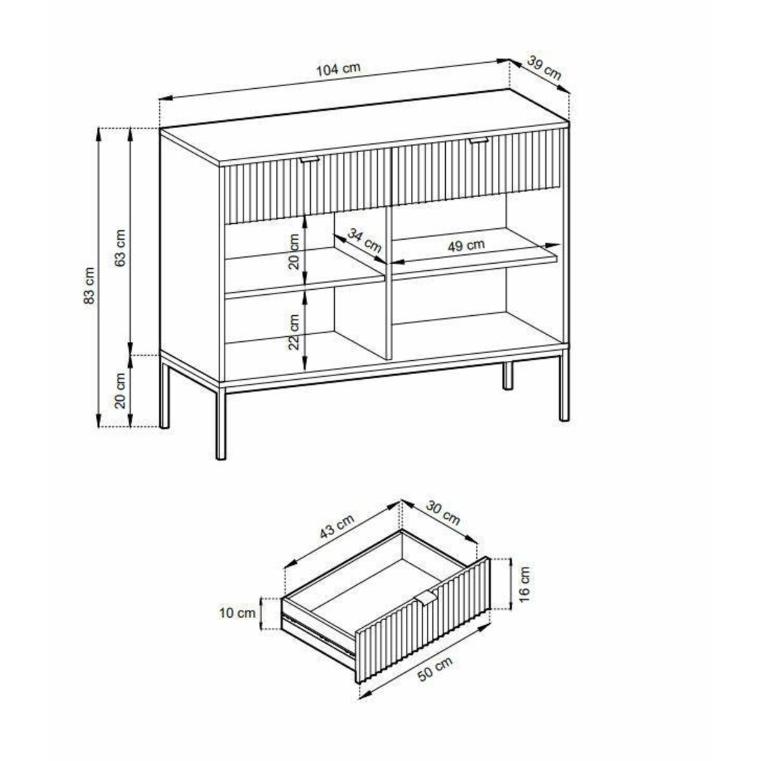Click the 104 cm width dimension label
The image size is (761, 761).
[339, 69]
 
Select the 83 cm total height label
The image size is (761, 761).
[90, 285]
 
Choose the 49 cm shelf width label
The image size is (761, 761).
[466, 245]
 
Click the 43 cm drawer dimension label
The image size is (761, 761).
[337, 526]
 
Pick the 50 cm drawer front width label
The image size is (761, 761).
[435, 668]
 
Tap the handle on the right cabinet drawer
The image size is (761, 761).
[479, 140]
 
